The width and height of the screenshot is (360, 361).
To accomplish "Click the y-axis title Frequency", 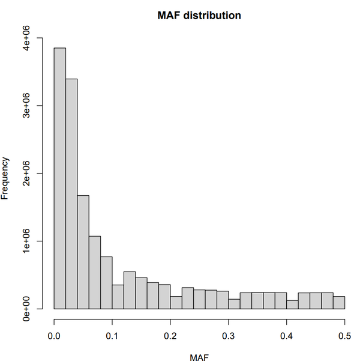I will (x=6, y=178).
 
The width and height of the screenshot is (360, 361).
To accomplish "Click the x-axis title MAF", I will (x=199, y=357).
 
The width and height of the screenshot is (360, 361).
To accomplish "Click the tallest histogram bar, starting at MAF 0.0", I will (x=60, y=180).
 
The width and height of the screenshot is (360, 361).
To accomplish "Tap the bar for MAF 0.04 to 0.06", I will (x=83, y=252).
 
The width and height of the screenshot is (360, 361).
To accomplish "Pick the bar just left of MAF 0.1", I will (x=106, y=283).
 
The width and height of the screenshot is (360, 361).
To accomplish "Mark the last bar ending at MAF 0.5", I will (x=339, y=303).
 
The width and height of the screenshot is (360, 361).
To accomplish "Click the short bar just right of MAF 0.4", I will (x=292, y=305).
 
